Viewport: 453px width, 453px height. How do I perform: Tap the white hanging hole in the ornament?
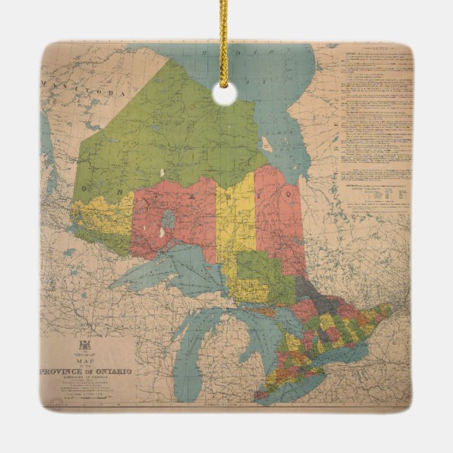click(x=224, y=94)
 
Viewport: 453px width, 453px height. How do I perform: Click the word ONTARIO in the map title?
click(x=111, y=371)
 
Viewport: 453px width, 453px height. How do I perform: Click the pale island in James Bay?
click(x=267, y=145)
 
